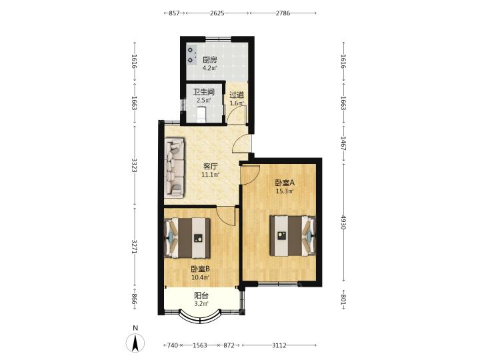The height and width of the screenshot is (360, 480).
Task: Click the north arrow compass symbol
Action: click(135, 343)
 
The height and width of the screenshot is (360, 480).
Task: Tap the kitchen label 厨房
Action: click(210, 60)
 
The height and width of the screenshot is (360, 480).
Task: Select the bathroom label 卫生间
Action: click(203, 92)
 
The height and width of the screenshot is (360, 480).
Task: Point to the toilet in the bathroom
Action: click(201, 115)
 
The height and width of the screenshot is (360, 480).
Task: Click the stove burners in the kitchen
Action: click(191, 55)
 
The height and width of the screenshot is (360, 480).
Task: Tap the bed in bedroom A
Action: click(293, 235)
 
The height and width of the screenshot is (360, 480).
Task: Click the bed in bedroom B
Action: click(187, 238)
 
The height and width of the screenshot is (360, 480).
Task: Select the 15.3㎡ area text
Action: click(285, 191)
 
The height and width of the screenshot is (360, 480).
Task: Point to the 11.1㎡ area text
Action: click(210, 175)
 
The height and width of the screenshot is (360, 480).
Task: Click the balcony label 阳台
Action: click(202, 296)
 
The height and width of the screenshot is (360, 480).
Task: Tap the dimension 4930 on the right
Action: click(343, 223)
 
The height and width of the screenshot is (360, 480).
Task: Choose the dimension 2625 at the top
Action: click(217, 13)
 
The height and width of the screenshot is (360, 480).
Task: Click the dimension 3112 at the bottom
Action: click(279, 345)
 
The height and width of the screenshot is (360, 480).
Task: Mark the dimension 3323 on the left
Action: click(134, 165)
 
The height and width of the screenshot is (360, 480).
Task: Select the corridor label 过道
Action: click(237, 95)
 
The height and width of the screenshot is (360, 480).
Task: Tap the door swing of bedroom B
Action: click(227, 216)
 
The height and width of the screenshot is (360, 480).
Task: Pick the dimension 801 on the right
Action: click(343, 300)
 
